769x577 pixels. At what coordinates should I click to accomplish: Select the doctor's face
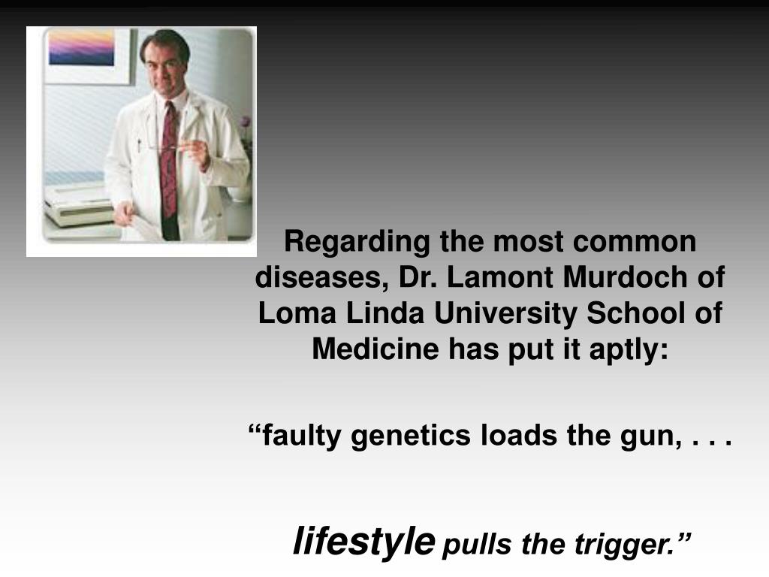tap(164, 63)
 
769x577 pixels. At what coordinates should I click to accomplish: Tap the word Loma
tap(297, 313)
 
